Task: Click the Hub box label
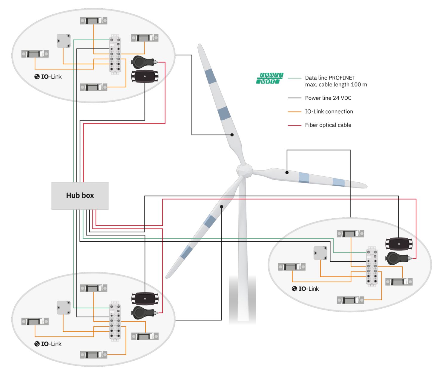coord(80,195)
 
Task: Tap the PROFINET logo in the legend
coord(270,78)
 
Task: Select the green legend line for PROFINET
coord(294,78)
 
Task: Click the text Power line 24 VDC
coord(328,98)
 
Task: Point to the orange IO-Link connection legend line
coord(294,112)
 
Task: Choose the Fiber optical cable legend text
coord(328,125)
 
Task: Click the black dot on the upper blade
coord(232,135)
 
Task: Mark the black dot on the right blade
coord(287,172)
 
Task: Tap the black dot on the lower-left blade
coord(222,207)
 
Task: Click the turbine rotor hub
coord(244,171)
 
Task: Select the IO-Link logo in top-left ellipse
coord(48,77)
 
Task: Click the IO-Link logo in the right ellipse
coord(305,289)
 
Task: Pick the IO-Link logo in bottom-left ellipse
coord(48,344)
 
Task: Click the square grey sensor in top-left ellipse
coord(64,41)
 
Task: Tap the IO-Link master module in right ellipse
coord(372,266)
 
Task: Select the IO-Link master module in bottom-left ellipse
coord(115,321)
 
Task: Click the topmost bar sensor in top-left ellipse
coord(93,21)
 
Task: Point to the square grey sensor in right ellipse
coord(320,253)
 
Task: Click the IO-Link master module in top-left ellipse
coord(115,54)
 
